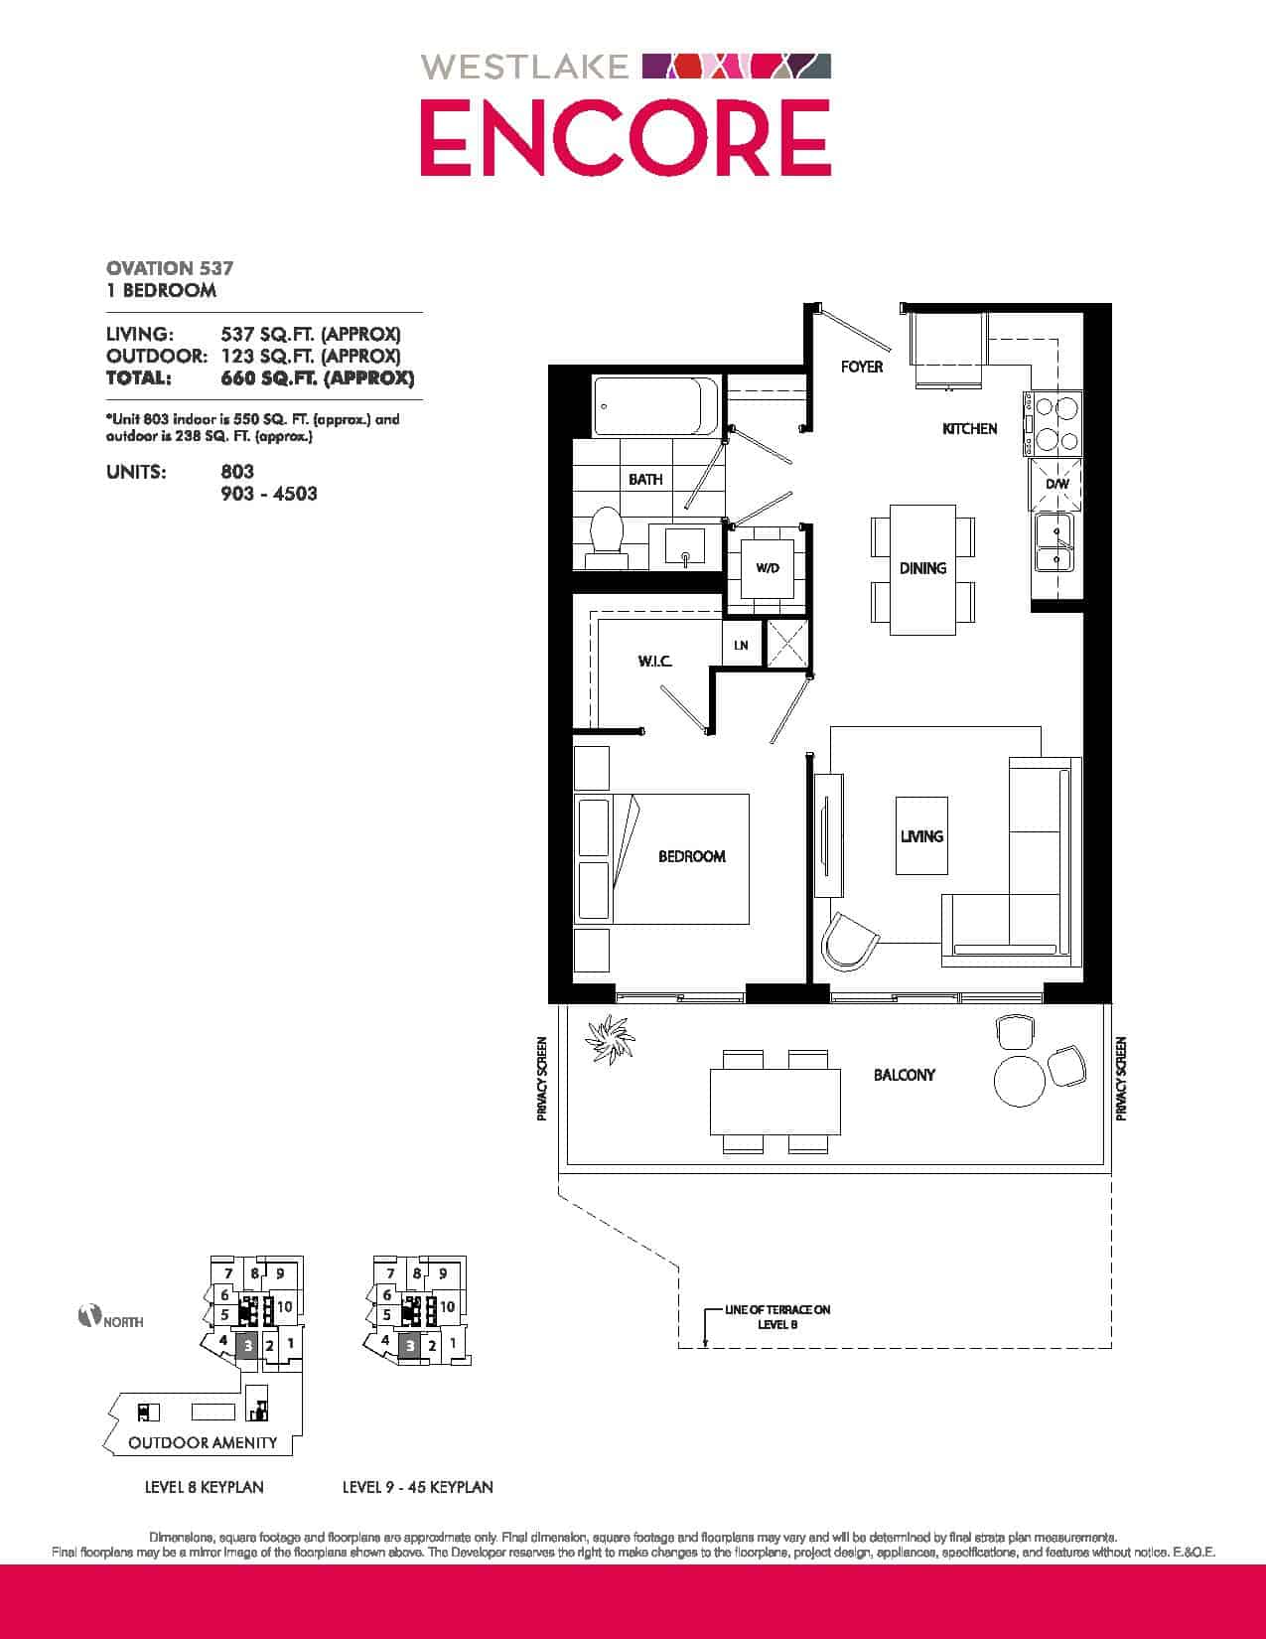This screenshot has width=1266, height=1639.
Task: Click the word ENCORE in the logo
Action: (x=626, y=138)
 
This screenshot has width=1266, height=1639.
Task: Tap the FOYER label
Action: (x=861, y=367)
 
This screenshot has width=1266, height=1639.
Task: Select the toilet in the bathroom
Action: (x=607, y=537)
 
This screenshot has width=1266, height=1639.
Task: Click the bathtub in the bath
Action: (x=656, y=406)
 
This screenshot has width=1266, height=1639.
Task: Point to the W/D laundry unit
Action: (x=768, y=568)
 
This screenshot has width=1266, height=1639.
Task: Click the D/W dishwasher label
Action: (x=1056, y=484)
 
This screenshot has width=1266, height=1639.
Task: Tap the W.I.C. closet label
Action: (x=654, y=662)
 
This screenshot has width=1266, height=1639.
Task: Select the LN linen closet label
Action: (x=741, y=645)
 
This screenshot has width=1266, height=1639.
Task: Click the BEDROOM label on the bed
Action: (x=691, y=856)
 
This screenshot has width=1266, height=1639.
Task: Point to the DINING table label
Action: (x=922, y=568)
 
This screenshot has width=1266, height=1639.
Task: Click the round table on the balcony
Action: (x=1020, y=1080)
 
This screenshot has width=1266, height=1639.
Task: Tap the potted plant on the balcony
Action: (x=610, y=1039)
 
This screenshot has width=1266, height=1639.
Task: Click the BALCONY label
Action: (x=904, y=1075)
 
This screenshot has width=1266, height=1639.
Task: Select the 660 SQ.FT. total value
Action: (x=318, y=377)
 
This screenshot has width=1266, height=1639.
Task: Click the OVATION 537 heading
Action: (x=170, y=268)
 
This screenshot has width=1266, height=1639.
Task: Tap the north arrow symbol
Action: (x=89, y=1316)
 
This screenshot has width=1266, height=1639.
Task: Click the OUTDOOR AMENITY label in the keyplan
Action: (x=203, y=1443)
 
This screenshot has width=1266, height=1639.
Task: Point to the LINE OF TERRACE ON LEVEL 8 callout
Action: (x=777, y=1317)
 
